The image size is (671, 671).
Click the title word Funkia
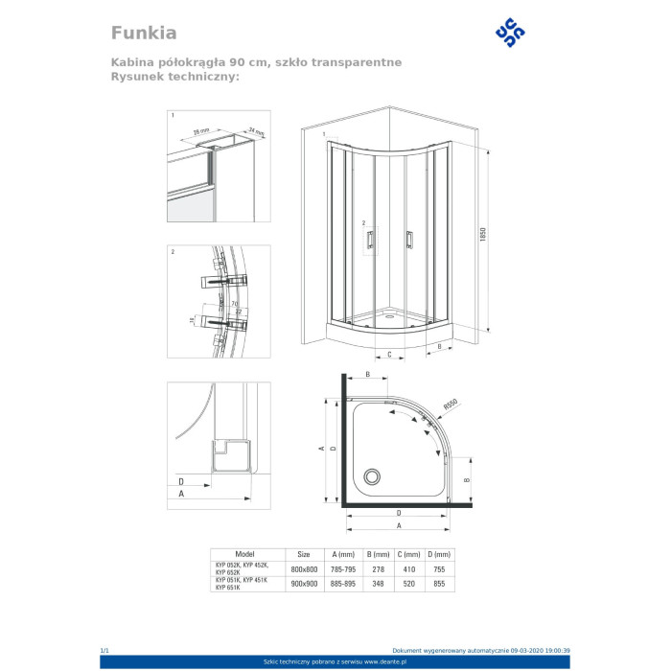[144, 33]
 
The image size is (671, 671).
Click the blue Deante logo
[509, 32]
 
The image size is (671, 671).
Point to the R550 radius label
[452, 406]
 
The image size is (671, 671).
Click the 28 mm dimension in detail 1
[202, 129]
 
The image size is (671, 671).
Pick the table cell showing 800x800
[304, 569]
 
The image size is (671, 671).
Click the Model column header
[244, 554]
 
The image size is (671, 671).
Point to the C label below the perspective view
[389, 354]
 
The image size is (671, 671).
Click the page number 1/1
[105, 650]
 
